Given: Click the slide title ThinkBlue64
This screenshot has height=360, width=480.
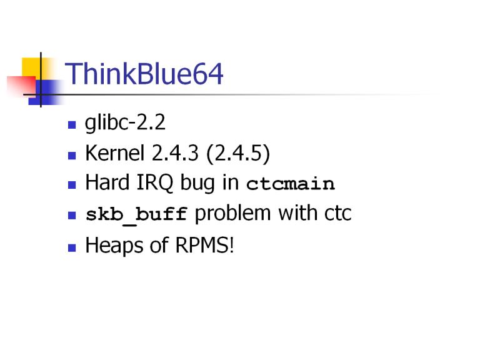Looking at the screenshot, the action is point(144,74).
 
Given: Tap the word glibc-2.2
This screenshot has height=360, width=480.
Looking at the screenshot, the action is point(125,123).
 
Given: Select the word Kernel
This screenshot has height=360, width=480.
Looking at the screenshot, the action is point(114,152).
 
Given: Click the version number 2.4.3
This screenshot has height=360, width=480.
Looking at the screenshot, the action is point(175,152).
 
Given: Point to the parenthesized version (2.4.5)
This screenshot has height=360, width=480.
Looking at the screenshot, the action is point(239,153).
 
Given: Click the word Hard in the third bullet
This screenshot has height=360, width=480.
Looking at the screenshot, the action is point(107,182).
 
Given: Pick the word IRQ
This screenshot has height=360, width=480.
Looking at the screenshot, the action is point(154,183).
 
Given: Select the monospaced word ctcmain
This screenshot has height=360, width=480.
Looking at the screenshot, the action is point(291,184).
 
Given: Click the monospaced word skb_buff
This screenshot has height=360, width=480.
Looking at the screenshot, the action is point(136,214).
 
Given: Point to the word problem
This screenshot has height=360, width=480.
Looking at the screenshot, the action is point(232,214).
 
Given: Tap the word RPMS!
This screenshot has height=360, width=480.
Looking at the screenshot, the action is point(205,245).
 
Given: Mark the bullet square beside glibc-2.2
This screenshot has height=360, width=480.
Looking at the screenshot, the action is point(72,125).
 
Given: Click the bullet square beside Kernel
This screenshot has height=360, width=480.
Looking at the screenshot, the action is point(72,156).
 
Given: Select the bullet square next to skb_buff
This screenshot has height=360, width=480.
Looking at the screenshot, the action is point(72,216).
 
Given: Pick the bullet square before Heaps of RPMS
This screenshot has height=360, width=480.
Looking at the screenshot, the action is point(72,247).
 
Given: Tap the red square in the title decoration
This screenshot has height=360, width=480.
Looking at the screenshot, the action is point(21,85).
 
